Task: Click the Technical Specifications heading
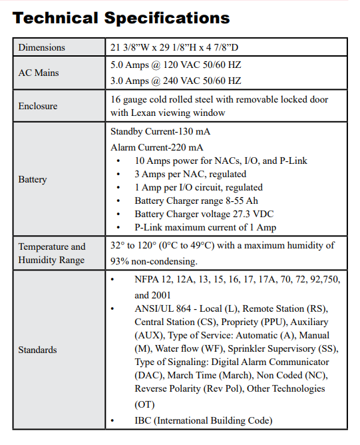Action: pyautogui.click(x=121, y=17)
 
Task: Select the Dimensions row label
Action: pyautogui.click(x=41, y=47)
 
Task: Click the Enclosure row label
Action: pyautogui.click(x=38, y=106)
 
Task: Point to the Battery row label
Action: pyautogui.click(x=33, y=179)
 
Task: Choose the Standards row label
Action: pyautogui.click(x=37, y=350)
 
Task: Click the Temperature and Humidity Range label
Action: pyautogui.click(x=52, y=253)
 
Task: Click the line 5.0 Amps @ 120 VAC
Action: pyautogui.click(x=176, y=66)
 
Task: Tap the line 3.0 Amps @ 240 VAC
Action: pyautogui.click(x=176, y=81)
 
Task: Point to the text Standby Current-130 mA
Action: pyautogui.click(x=160, y=131)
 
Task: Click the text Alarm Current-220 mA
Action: pyautogui.click(x=157, y=147)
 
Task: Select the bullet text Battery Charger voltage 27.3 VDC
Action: pyautogui.click(x=204, y=214)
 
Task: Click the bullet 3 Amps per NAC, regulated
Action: pyautogui.click(x=189, y=174)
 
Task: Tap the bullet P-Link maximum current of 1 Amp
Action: pyautogui.click(x=205, y=227)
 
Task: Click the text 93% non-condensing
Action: pyautogui.click(x=154, y=260)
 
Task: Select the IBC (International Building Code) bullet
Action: pyautogui.click(x=203, y=420)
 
